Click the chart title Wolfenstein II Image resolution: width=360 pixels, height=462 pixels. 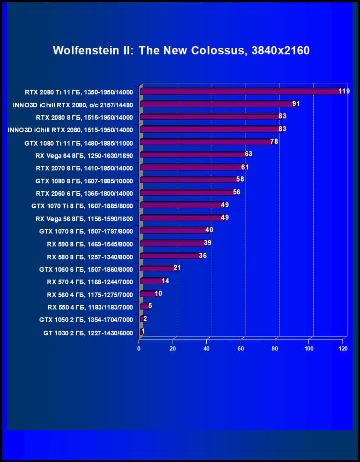click(x=181, y=50)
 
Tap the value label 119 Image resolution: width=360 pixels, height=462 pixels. click(x=344, y=91)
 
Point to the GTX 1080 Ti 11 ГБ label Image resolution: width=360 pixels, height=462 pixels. click(x=79, y=143)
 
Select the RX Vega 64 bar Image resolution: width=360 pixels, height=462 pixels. click(x=193, y=155)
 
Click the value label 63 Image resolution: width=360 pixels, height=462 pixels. click(x=249, y=154)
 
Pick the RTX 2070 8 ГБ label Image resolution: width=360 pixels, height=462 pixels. click(x=84, y=168)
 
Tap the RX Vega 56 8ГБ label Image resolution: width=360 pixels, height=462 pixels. click(x=84, y=219)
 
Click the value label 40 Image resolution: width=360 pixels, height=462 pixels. click(x=209, y=229)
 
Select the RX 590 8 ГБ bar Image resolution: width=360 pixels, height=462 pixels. click(x=173, y=243)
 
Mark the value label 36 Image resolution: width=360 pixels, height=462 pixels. click(x=203, y=255)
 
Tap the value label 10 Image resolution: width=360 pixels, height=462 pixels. click(x=158, y=293)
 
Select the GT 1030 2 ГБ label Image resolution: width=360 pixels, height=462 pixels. click(x=88, y=333)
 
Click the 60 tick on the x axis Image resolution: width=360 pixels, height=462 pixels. click(x=241, y=348)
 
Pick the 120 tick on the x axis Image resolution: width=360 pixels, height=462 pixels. click(x=343, y=348)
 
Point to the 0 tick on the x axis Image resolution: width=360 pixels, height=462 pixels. click(x=139, y=348)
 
